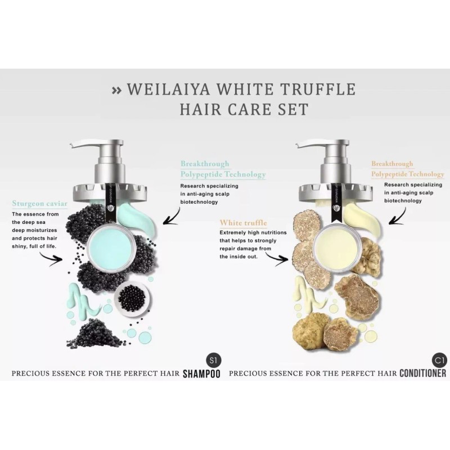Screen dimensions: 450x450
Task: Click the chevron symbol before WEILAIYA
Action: pos(116,89)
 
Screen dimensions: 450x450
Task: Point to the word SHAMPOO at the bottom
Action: pos(201,373)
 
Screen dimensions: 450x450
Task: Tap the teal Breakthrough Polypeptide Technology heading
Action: pos(222,169)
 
